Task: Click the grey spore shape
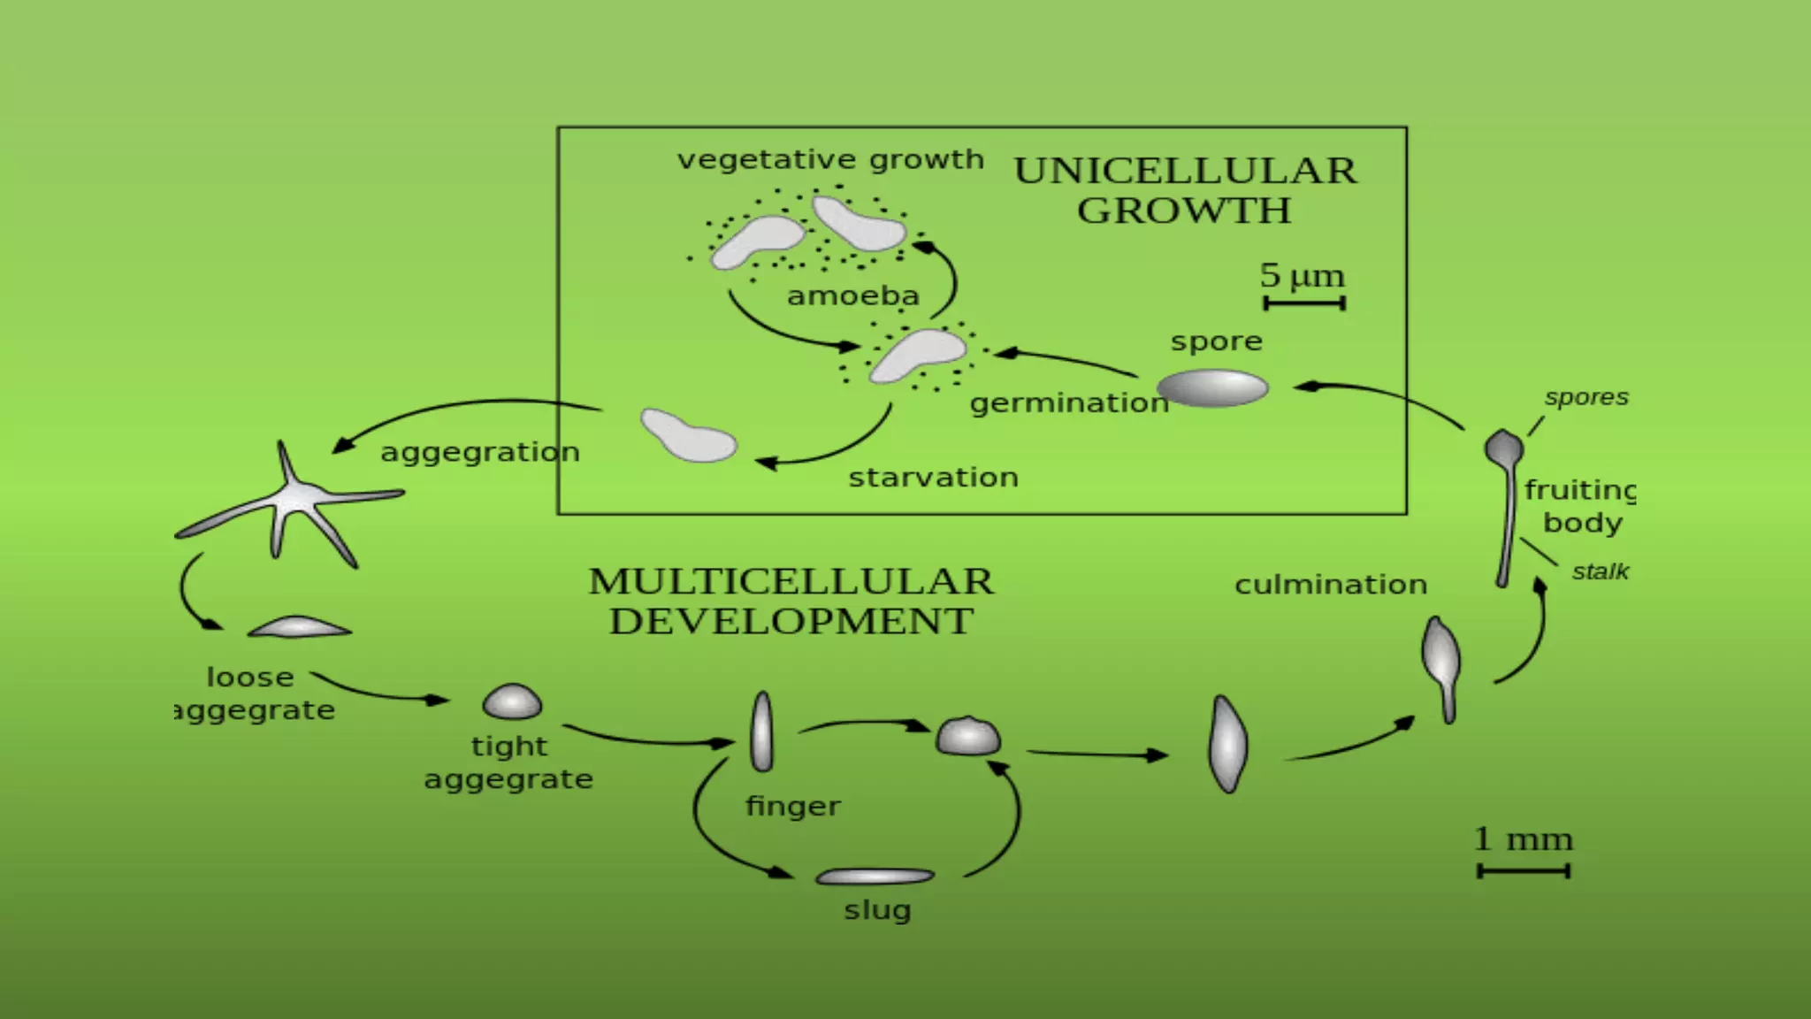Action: coord(1212,388)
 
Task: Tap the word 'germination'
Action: coord(1068,403)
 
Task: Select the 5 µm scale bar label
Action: coord(1302,275)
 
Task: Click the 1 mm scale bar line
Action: coord(1523,871)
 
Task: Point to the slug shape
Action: coord(875,877)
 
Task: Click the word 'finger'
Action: coord(792,807)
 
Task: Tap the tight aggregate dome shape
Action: coord(512,701)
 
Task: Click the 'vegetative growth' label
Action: coord(829,160)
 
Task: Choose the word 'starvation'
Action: coord(933,478)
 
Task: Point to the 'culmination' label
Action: coord(1330,585)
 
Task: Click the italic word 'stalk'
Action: coord(1600,572)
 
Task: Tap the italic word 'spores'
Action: coord(1586,398)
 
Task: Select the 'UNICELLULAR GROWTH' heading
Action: coord(1184,190)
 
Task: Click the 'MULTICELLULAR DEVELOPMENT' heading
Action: coord(791,601)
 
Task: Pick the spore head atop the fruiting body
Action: coord(1503,447)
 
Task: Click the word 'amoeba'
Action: coord(852,295)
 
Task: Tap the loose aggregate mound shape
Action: coord(299,627)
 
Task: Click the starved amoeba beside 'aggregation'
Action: coord(688,435)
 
